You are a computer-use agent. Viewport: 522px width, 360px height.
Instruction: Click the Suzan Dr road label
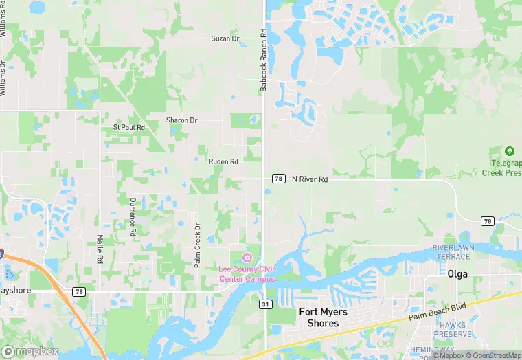[225, 38]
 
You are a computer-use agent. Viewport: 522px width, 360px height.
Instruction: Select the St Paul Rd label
[129, 128]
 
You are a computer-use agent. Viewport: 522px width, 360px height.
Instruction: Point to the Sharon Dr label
[181, 120]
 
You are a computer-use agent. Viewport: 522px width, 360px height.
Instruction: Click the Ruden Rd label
[223, 161]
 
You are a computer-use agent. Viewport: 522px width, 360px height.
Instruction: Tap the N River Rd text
[310, 179]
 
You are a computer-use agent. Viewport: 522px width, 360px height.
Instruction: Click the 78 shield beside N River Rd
[278, 179]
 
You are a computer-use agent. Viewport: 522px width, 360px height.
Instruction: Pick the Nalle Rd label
[100, 249]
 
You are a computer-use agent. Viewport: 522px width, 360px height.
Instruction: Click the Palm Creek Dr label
[196, 245]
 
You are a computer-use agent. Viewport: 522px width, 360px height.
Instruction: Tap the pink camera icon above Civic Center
[247, 257]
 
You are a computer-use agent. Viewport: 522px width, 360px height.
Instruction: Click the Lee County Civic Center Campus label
[247, 273]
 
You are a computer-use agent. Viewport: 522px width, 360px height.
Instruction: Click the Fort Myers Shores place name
[323, 317]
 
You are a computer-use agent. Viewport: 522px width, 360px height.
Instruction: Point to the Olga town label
[457, 273]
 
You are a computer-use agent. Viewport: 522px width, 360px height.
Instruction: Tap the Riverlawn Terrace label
[451, 251]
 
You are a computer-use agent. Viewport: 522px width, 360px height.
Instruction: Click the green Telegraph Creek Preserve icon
[509, 151]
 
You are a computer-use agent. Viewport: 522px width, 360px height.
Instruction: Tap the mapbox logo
[30, 351]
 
